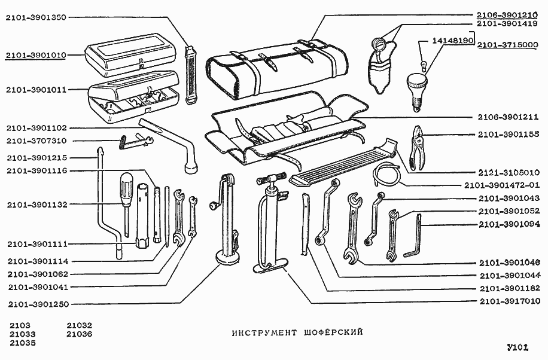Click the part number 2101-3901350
coord(35,17)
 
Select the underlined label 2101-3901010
coord(35,55)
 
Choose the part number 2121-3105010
coord(507,170)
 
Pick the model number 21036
coord(80,334)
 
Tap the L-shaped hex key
coord(416,236)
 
